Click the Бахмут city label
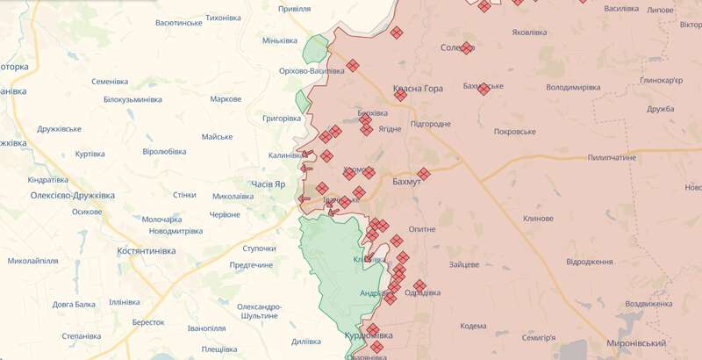point(406,180)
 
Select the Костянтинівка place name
point(147,250)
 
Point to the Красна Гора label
point(417,89)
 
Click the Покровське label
point(515,131)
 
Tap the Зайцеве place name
point(463,264)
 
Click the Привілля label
point(294,8)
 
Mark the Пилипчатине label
point(612,157)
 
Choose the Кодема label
point(472,326)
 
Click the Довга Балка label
point(74,304)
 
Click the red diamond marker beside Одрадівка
point(419,286)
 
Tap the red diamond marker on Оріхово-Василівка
point(353,65)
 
